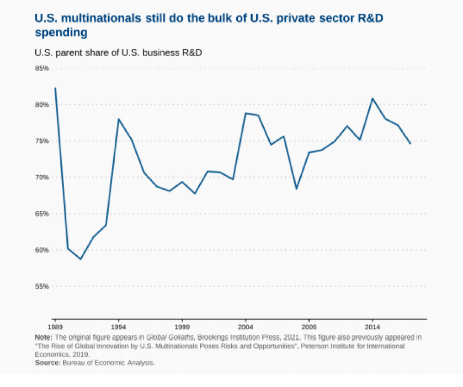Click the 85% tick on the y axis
(x=41, y=68)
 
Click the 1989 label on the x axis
(x=55, y=325)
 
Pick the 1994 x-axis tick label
(x=118, y=325)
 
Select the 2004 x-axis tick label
(x=246, y=325)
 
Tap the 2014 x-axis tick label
(x=372, y=325)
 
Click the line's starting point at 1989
(x=55, y=88)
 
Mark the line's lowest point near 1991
(x=81, y=259)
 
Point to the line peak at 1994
(x=118, y=119)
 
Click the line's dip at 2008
(x=296, y=189)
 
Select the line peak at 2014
(x=372, y=99)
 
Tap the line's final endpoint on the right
(x=411, y=143)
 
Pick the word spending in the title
(x=61, y=33)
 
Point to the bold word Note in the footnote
(x=43, y=336)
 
